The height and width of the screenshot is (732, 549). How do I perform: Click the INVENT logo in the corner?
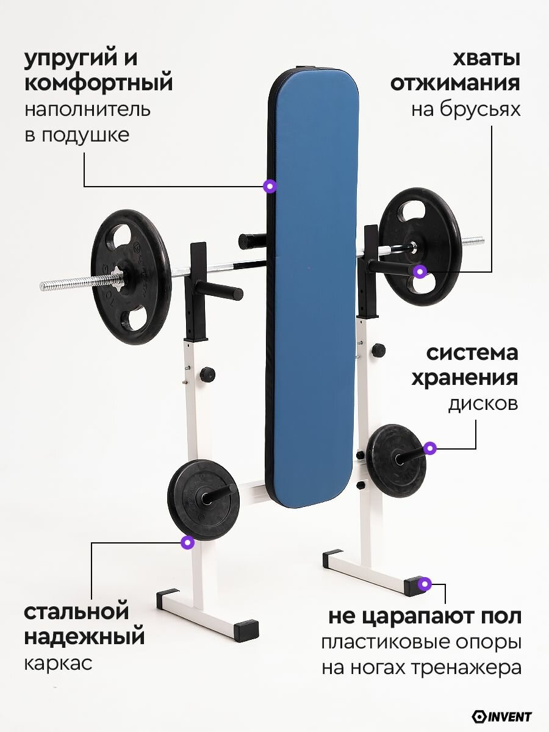[x=502, y=716]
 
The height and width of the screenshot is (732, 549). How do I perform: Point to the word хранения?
[x=464, y=378]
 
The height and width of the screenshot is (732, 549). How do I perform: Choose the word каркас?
[x=59, y=663]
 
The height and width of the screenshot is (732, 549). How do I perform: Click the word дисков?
[x=483, y=404]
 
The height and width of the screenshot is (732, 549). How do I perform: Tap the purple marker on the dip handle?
[x=419, y=271]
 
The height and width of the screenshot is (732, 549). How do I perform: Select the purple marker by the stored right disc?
[x=430, y=448]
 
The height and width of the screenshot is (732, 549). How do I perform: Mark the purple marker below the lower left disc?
[x=188, y=542]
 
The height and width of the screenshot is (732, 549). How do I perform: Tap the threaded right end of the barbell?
[x=473, y=240]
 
